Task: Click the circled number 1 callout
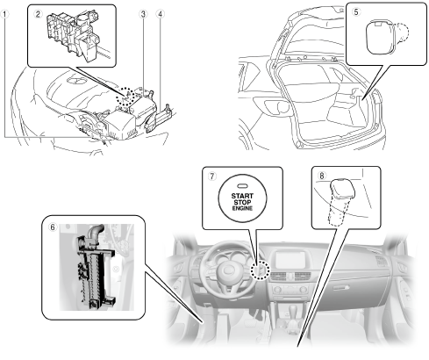tap(4, 14)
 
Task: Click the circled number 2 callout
tap(38, 14)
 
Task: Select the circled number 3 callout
tap(143, 14)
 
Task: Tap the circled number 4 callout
tap(160, 14)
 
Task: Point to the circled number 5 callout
tap(356, 12)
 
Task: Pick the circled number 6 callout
tap(53, 227)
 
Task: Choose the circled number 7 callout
tap(212, 176)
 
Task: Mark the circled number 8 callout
tap(322, 176)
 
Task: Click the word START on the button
tap(242, 196)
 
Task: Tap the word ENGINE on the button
tap(242, 208)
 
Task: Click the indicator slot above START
tap(242, 185)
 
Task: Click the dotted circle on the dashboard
tap(260, 270)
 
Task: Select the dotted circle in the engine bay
tap(125, 97)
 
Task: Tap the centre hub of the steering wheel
tap(227, 270)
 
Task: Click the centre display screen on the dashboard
tap(290, 259)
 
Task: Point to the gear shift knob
tap(292, 310)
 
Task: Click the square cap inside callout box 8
tap(342, 188)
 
